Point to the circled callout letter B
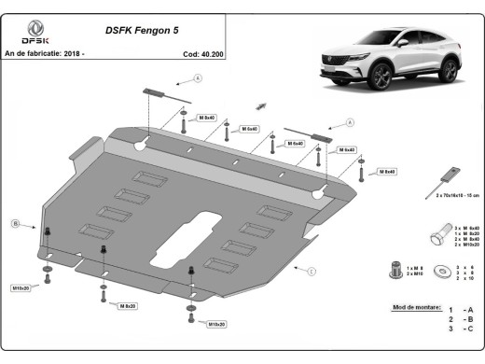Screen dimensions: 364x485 16,223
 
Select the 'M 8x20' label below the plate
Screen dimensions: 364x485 128,305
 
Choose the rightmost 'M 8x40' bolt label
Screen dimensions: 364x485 386,172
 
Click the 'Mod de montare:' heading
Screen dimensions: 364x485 411,307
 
